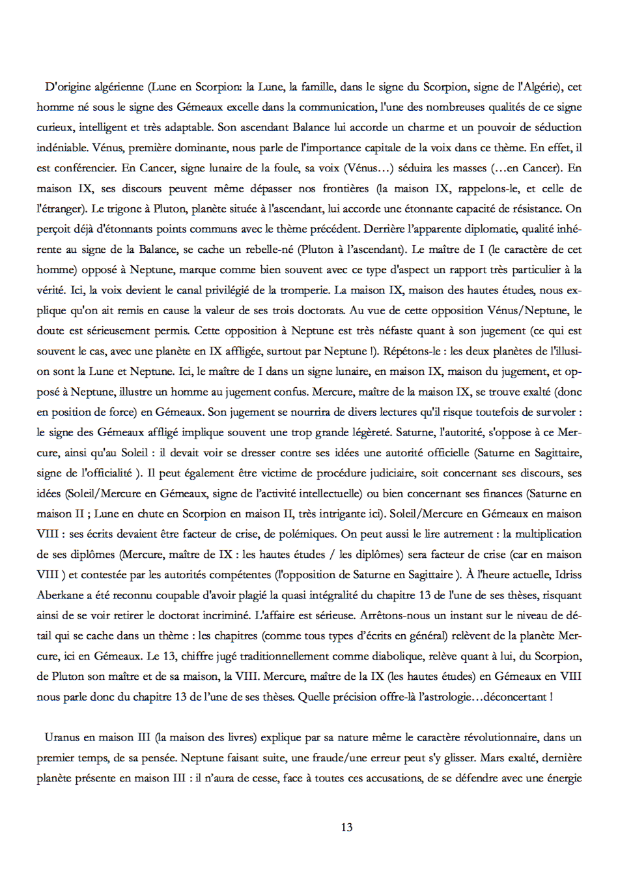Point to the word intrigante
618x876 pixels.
coord(328,514)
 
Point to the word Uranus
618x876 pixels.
coord(63,737)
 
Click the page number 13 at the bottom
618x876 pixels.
coord(346,827)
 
